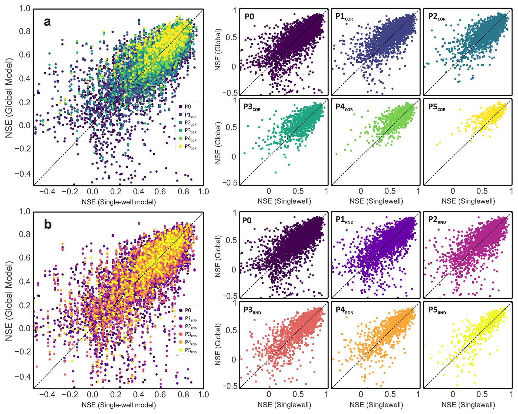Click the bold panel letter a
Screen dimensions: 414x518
click(x=47, y=22)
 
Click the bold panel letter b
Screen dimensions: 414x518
click(x=48, y=225)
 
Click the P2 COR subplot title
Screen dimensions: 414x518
click(x=437, y=17)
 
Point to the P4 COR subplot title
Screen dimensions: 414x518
click(x=344, y=107)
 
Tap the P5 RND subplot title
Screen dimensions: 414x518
click(x=437, y=310)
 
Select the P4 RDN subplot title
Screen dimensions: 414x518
click(x=344, y=310)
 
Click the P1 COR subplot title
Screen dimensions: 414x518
click(x=344, y=17)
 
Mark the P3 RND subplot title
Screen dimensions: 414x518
click(x=252, y=310)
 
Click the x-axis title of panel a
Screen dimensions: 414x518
click(x=119, y=202)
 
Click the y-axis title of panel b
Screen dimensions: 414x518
click(x=9, y=301)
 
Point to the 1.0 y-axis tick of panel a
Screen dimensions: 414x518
click(x=25, y=8)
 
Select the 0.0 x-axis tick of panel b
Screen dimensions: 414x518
click(x=92, y=394)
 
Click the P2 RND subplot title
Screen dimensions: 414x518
click(x=437, y=220)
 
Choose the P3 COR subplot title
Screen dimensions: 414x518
click(x=252, y=107)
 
